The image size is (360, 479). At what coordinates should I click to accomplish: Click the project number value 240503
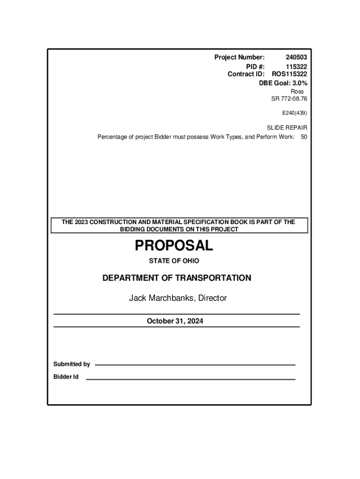pyautogui.click(x=296, y=58)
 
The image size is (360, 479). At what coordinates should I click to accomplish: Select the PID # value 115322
pyautogui.click(x=296, y=66)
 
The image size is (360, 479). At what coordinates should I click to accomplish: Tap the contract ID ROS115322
pyautogui.click(x=289, y=74)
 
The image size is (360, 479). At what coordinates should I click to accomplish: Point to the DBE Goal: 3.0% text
pyautogui.click(x=283, y=83)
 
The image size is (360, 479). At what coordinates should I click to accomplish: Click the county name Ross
pyautogui.click(x=297, y=91)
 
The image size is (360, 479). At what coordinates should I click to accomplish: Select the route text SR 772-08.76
pyautogui.click(x=289, y=99)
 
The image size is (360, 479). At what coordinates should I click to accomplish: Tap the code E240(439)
pyautogui.click(x=294, y=113)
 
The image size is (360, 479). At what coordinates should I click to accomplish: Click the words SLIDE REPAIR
pyautogui.click(x=287, y=128)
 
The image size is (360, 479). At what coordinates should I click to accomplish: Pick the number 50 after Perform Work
pyautogui.click(x=304, y=137)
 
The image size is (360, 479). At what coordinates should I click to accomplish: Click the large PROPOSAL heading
pyautogui.click(x=174, y=245)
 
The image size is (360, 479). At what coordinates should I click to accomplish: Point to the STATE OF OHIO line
pyautogui.click(x=174, y=261)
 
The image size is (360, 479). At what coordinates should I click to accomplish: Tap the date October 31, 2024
pyautogui.click(x=175, y=321)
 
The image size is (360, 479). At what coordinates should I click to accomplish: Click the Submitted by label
pyautogui.click(x=72, y=364)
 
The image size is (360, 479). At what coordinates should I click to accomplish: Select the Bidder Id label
pyautogui.click(x=65, y=377)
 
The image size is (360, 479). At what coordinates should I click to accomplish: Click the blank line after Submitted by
pyautogui.click(x=195, y=364)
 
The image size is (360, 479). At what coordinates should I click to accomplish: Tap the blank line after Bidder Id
pyautogui.click(x=191, y=379)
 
